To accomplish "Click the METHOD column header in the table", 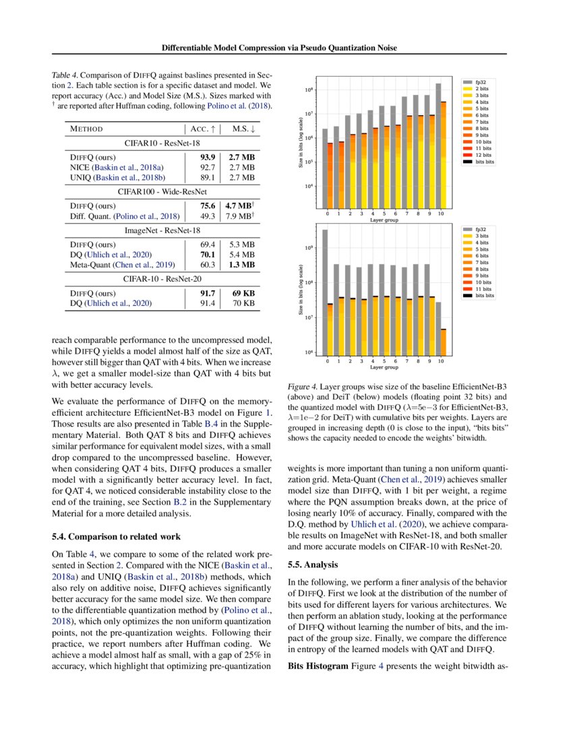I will point(87,129).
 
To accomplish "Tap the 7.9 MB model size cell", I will point(242,216).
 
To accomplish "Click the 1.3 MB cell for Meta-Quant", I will point(242,265).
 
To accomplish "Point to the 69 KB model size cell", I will point(242,294).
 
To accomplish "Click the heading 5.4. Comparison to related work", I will point(116,537).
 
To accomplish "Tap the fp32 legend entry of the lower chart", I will point(480,229).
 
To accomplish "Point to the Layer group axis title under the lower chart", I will point(383,368).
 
